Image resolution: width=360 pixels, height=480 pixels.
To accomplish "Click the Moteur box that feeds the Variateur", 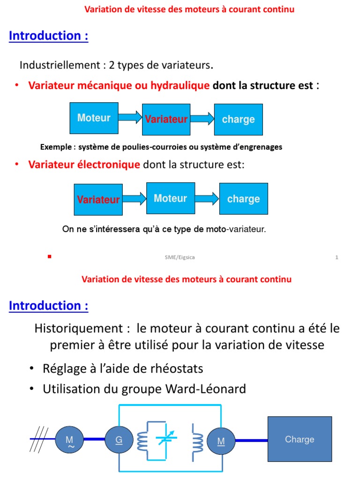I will click(x=94, y=118).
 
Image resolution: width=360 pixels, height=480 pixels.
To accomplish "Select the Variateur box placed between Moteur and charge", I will click(x=166, y=120).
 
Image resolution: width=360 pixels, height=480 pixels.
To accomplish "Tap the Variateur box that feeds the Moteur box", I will click(x=98, y=200).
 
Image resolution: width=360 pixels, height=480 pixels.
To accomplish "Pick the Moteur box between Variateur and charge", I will click(x=170, y=198).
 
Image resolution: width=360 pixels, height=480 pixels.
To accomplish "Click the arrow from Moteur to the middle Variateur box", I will click(x=130, y=118).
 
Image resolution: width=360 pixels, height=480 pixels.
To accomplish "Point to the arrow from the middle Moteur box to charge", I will click(x=207, y=198).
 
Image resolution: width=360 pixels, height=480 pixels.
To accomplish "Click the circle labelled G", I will click(x=120, y=440).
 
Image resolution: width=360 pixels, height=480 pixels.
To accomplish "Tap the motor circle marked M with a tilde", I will click(x=70, y=440).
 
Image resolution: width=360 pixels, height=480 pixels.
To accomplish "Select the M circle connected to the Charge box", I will click(x=221, y=441).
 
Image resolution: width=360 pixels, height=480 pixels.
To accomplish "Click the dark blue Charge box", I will click(x=300, y=439).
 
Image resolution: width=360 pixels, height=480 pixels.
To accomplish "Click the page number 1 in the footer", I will click(x=337, y=257).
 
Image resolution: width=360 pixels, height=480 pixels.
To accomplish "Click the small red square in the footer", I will click(x=49, y=256).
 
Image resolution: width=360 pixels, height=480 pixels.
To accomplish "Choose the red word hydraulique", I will click(x=180, y=85).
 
